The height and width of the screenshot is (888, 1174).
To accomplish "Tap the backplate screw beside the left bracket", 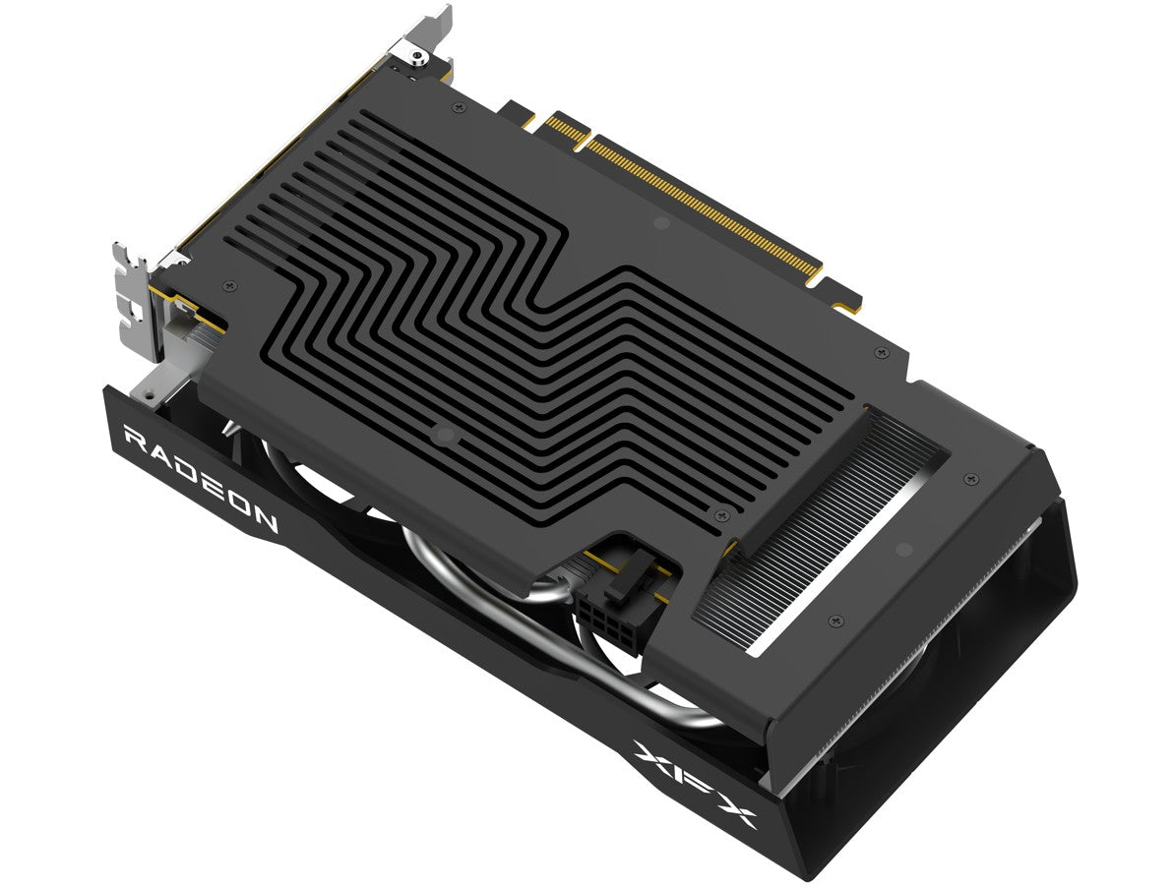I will coord(230,284).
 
